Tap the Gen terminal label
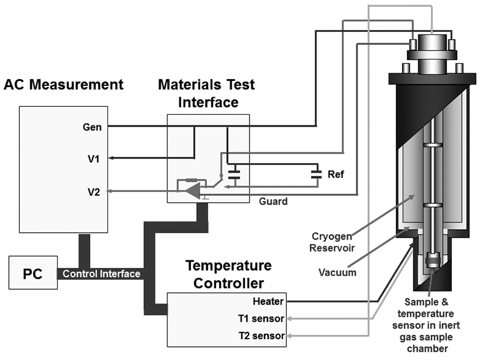pyautogui.click(x=93, y=127)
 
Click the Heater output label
pyautogui.click(x=269, y=301)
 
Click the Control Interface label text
pyautogui.click(x=101, y=274)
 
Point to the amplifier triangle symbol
pyautogui.click(x=192, y=191)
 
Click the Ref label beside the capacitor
pyautogui.click(x=335, y=175)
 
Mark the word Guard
pyautogui.click(x=273, y=202)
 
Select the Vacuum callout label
pyautogui.click(x=337, y=272)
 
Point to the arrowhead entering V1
pyautogui.click(x=112, y=159)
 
